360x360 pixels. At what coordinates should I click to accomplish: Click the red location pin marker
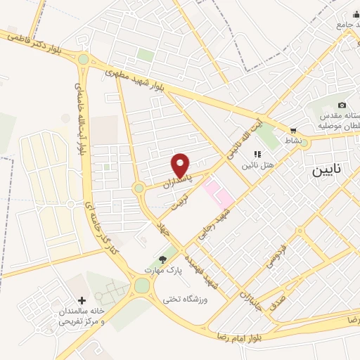click(x=181, y=165)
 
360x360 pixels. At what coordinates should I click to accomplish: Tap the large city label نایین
click(x=330, y=171)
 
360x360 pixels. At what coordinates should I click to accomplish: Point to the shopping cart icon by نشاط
click(x=293, y=131)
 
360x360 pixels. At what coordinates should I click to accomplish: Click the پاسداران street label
click(x=176, y=179)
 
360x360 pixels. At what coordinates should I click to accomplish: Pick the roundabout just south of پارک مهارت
click(x=142, y=285)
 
